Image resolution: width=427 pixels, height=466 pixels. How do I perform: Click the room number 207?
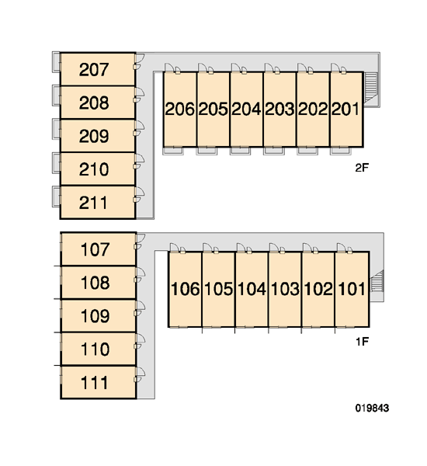[x=94, y=70]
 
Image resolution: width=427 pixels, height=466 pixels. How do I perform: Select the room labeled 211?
[x=93, y=203]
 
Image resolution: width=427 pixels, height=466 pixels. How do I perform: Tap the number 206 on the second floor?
[x=180, y=109]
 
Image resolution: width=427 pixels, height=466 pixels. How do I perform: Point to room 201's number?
[x=345, y=109]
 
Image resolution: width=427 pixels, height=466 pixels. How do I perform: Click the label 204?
[x=246, y=109]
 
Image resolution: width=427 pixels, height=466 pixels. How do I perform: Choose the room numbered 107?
[x=95, y=249]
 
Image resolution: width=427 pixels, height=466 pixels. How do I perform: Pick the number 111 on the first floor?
[x=94, y=383]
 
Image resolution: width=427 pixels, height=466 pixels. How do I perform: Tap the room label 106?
[x=186, y=289]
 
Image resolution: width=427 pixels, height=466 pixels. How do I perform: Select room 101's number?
[x=352, y=289]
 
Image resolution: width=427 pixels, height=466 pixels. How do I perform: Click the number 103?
[x=285, y=289]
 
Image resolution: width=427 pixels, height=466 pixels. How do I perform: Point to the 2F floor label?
[x=362, y=168]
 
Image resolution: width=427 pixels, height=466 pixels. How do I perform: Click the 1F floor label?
[x=363, y=342]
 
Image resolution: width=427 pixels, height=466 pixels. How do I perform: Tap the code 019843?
[x=372, y=409]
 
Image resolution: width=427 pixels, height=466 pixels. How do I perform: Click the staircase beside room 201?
[x=370, y=87]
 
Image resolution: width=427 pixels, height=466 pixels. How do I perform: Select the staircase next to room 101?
[x=377, y=281]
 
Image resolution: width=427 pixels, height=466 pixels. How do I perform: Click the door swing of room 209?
[x=140, y=125]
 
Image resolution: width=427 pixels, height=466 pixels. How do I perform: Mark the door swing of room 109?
[x=141, y=305]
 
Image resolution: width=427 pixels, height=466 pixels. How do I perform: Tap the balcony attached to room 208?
[x=56, y=96]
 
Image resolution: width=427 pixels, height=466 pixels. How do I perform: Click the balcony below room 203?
[x=274, y=151]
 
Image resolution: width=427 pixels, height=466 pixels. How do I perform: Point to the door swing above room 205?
[x=203, y=68]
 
